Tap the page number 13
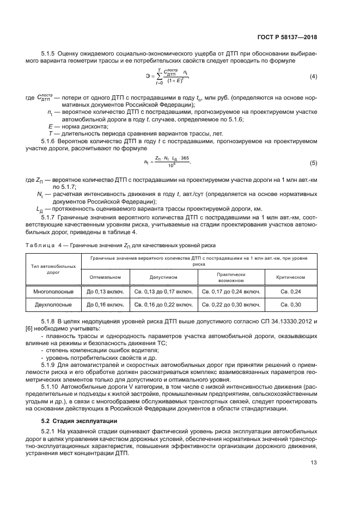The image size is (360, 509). (313, 463)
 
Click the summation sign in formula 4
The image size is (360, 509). (160, 77)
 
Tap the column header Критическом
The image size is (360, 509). (290, 277)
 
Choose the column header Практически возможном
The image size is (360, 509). (231, 277)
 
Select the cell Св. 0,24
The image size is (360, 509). (290, 291)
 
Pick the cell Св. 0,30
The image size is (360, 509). (290, 305)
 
